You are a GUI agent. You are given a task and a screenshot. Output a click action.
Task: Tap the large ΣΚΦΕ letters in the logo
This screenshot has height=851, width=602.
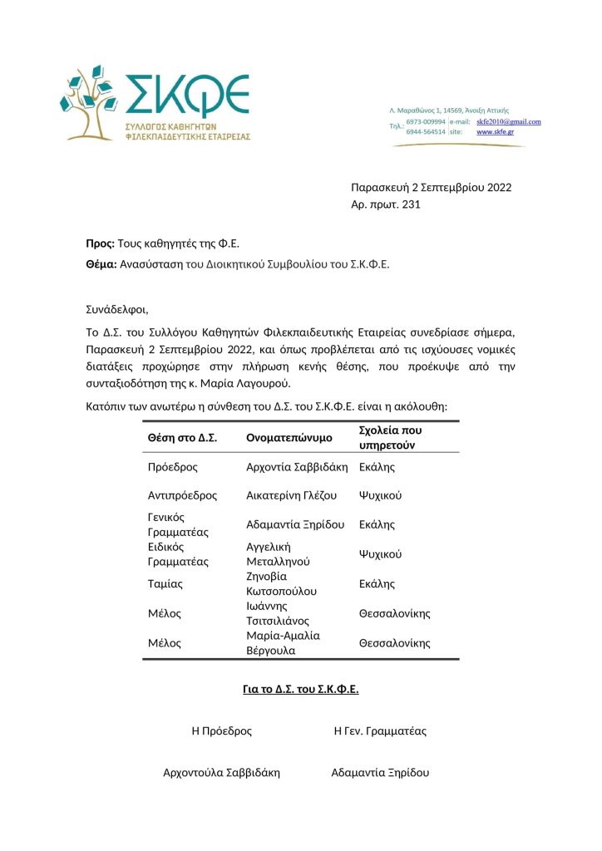(x=186, y=95)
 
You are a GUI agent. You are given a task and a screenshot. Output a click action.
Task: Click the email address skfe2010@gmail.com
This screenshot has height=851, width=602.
(x=508, y=121)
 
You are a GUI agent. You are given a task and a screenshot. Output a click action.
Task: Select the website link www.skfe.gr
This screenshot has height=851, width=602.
(x=495, y=132)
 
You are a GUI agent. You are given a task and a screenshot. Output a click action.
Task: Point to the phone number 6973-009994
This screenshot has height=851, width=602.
(x=426, y=121)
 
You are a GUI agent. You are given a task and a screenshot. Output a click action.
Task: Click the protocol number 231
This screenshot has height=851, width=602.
(x=411, y=204)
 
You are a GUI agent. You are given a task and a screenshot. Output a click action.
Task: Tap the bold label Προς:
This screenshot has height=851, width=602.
(x=101, y=243)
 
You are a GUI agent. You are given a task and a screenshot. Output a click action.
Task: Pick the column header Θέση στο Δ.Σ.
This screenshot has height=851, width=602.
(x=182, y=437)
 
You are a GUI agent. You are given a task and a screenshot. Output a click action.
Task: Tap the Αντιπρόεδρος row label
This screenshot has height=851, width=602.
(x=182, y=495)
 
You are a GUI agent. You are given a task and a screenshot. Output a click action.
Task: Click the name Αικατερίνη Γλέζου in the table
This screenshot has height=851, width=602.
(x=292, y=495)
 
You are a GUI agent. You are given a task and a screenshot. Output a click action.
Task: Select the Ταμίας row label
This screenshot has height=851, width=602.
(x=165, y=583)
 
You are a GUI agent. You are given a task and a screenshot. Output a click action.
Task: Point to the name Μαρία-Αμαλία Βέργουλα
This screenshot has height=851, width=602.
(x=284, y=642)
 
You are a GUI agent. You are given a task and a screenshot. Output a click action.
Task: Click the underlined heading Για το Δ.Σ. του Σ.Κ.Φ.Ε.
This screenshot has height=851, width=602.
(x=300, y=690)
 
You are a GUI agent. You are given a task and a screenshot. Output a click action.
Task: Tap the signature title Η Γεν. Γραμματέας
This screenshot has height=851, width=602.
(x=380, y=731)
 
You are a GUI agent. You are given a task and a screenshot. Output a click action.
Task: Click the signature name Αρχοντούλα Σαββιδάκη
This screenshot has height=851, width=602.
(x=221, y=773)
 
